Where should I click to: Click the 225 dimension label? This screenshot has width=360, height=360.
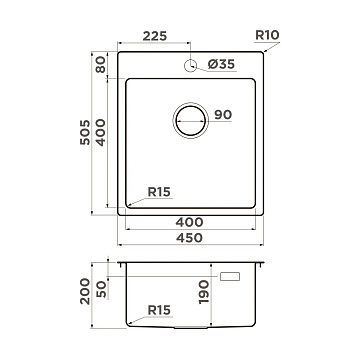(155, 36)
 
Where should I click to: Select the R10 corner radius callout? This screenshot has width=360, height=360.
(267, 35)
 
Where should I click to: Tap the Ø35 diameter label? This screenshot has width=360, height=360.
(221, 64)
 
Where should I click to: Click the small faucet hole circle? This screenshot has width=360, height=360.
(190, 65)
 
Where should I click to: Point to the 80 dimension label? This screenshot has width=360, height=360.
(100, 64)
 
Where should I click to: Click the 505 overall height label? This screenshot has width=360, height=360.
(85, 132)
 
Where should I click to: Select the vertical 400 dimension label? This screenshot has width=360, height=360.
(100, 132)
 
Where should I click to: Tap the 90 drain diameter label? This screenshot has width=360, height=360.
(223, 115)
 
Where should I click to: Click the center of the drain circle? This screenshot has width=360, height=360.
(190, 120)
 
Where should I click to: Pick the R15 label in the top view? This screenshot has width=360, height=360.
(159, 192)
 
